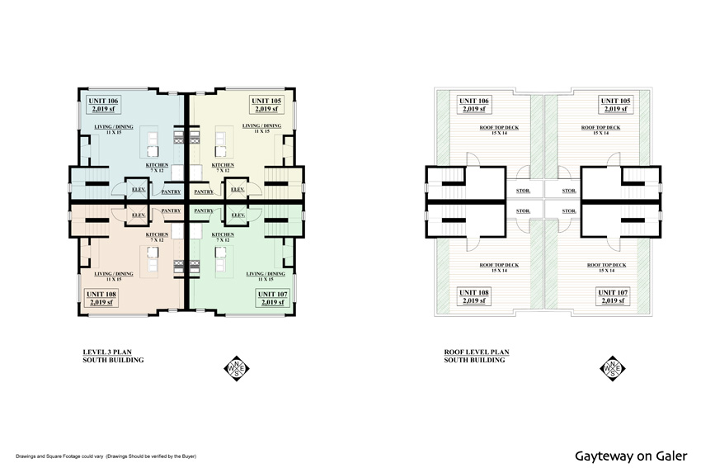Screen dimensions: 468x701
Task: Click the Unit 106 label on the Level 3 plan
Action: click(102, 105)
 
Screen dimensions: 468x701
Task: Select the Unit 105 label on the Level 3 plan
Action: click(266, 105)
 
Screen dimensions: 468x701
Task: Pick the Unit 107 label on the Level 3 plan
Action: click(272, 298)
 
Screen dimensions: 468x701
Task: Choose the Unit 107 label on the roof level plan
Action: click(613, 298)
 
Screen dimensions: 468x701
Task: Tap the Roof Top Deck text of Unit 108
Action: click(499, 267)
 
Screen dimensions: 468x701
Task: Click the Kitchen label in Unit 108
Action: click(158, 235)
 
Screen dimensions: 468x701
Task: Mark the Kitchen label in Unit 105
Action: click(223, 166)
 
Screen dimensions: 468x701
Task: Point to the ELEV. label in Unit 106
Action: click(139, 190)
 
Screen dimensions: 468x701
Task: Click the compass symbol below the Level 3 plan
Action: click(235, 366)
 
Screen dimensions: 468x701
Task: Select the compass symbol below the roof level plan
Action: click(614, 366)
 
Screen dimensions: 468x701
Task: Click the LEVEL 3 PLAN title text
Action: click(114, 352)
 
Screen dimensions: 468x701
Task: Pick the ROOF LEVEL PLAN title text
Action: click(476, 352)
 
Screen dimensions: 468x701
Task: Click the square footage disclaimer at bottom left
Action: click(106, 456)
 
